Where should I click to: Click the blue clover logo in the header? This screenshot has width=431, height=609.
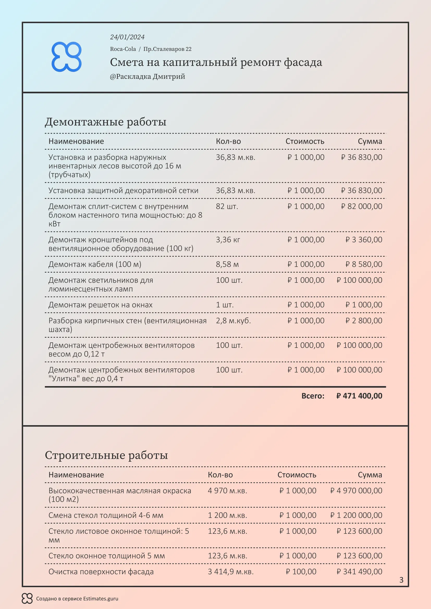point(66,57)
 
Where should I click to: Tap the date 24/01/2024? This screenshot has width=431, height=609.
point(127,37)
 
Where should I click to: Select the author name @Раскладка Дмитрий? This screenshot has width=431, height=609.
point(147,77)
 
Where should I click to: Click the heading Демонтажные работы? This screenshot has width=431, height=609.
point(105,122)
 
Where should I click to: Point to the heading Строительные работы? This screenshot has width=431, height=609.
point(106,455)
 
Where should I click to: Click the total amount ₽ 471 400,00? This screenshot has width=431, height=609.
point(359,396)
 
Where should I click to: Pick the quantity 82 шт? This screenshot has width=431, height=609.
point(227,206)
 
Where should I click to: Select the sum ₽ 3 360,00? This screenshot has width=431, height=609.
point(364,240)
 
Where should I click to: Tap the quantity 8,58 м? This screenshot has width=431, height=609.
point(227,265)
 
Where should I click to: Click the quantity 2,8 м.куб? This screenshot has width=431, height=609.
point(233,321)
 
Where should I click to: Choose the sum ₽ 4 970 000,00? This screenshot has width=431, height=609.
point(356,491)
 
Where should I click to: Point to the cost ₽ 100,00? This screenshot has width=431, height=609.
point(301,572)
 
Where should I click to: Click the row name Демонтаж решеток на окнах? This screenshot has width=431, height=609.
point(100,305)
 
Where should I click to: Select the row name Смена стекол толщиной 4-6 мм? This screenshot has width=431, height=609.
point(106,515)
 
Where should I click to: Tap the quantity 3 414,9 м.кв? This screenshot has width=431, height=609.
point(230,572)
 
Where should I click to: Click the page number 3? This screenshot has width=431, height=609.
point(401,580)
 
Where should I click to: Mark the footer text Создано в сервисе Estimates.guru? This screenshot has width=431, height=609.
point(77,599)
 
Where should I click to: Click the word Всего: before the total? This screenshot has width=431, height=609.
point(313,396)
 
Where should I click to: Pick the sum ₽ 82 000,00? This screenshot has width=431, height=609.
point(361,206)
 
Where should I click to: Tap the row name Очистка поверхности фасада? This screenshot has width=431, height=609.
point(101,572)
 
